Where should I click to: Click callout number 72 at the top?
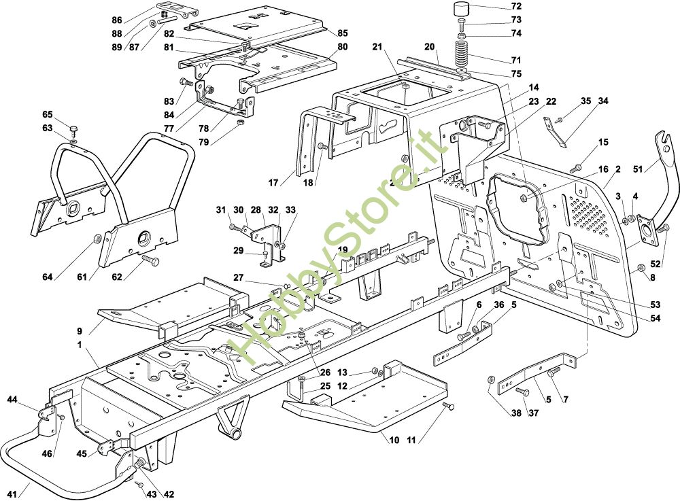click(516, 6)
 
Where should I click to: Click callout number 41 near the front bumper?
click(12, 492)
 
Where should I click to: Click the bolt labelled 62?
click(151, 260)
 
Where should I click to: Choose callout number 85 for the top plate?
click(342, 32)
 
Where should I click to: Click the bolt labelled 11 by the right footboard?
click(449, 406)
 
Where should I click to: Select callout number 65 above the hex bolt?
click(47, 114)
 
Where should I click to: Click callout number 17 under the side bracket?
click(274, 182)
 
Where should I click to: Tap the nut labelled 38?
click(492, 379)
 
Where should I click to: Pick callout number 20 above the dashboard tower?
click(429, 47)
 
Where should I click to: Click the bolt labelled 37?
click(522, 392)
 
